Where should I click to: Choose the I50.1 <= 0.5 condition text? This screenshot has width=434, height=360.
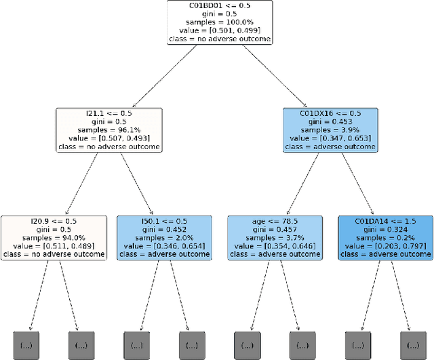pos(163,220)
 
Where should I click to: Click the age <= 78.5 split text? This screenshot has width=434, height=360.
pos(275,220)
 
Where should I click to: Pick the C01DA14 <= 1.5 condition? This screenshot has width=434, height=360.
pos(385,220)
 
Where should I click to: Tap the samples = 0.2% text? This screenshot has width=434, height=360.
pos(385,237)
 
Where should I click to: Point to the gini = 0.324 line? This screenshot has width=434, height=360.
pos(385,229)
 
